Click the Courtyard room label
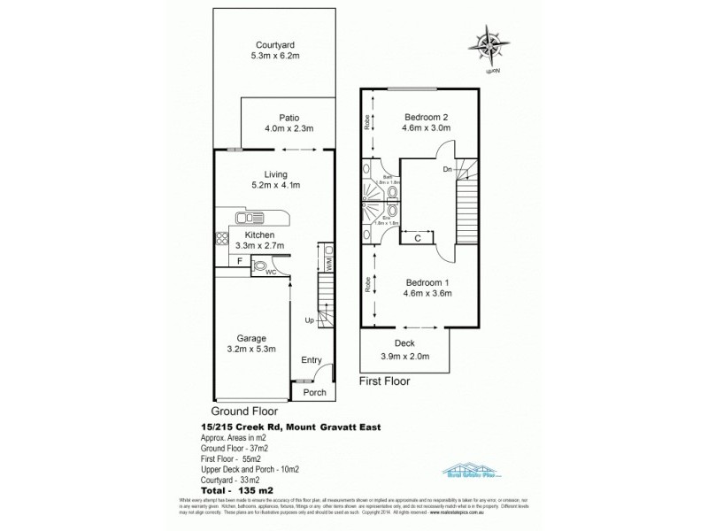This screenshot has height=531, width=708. pyautogui.click(x=275, y=44)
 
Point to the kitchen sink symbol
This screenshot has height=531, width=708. pyautogui.click(x=244, y=218)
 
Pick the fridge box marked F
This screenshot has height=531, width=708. pyautogui.click(x=240, y=261)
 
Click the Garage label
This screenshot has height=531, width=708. pyautogui.click(x=251, y=337)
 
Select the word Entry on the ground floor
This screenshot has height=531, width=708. pyautogui.click(x=312, y=359)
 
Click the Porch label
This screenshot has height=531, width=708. pyautogui.click(x=314, y=392)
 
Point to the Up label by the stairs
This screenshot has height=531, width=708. pyautogui.click(x=309, y=319)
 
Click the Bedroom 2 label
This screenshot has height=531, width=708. pyautogui.click(x=427, y=117)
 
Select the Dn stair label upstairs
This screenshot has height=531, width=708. pyautogui.click(x=449, y=167)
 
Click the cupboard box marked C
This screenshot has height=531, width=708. pyautogui.click(x=416, y=236)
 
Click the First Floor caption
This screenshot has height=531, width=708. pyautogui.click(x=388, y=381)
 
